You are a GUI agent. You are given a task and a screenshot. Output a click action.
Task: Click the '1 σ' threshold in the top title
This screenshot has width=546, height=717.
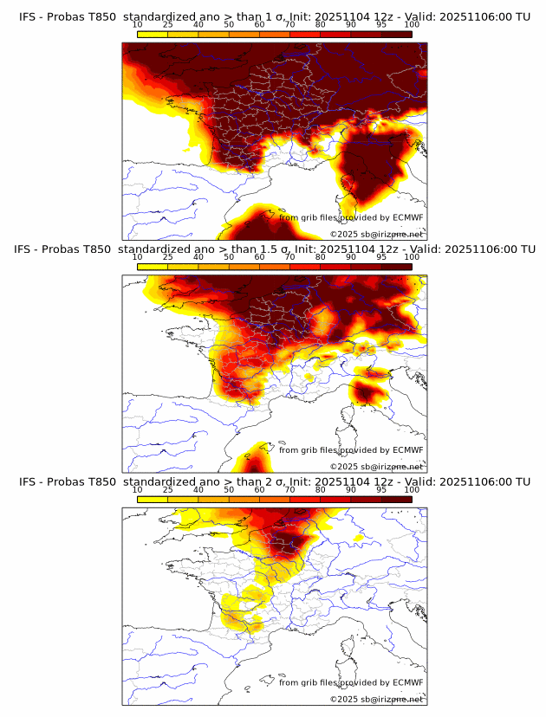click(x=276, y=16)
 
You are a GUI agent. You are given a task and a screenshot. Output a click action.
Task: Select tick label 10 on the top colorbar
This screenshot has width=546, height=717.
click(x=138, y=24)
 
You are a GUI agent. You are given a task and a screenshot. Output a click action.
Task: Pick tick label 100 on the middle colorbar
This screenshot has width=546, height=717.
click(x=412, y=257)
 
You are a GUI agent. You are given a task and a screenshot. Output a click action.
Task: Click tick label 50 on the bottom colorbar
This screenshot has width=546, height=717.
click(x=229, y=489)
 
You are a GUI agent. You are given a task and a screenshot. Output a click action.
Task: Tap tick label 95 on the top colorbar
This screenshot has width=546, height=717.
click(x=381, y=24)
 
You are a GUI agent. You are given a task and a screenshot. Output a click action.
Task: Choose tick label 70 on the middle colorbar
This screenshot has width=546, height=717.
click(x=289, y=257)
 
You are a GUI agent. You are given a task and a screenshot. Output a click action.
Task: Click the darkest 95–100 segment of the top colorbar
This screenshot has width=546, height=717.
click(x=396, y=34)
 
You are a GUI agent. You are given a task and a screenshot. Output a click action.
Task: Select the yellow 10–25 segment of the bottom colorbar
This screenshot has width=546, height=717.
click(x=153, y=499)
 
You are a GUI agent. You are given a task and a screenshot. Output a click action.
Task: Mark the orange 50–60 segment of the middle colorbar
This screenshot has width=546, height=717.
click(x=244, y=267)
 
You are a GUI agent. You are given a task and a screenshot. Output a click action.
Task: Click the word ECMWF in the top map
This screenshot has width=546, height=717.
click(x=407, y=217)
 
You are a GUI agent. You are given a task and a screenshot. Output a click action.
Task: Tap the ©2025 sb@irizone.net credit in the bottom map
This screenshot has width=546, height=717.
click(x=376, y=699)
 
